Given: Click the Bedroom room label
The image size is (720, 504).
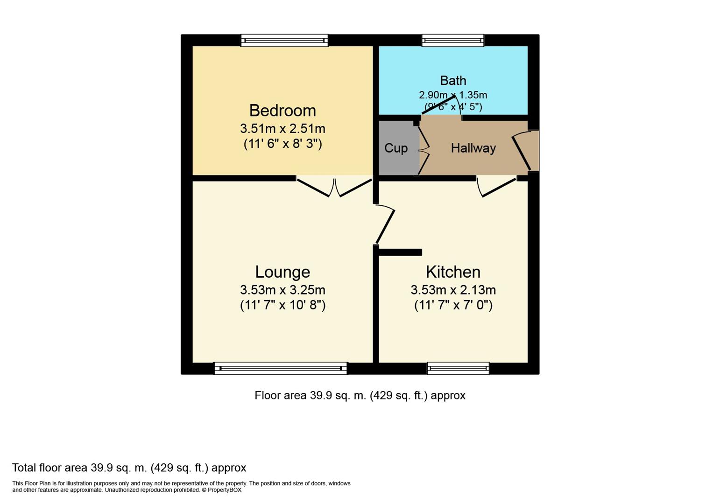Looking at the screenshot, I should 282,111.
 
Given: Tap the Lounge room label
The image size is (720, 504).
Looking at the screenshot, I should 282,272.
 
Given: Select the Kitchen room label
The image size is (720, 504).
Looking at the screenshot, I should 453,272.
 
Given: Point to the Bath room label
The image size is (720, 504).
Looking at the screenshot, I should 453,80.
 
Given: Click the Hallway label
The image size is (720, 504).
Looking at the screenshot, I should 473,148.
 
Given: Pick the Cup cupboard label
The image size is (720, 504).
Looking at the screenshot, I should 396,148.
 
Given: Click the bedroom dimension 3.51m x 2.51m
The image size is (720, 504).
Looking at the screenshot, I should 282,128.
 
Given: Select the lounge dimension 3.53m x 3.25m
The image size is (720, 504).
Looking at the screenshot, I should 282,290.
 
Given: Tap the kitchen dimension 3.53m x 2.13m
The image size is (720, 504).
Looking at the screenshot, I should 453,290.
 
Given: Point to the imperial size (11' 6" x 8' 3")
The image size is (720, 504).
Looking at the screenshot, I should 282,143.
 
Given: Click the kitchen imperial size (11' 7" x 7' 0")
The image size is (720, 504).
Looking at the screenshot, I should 453,305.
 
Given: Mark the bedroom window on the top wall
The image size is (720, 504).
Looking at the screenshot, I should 284,41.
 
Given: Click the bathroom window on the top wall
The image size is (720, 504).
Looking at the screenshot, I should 453,41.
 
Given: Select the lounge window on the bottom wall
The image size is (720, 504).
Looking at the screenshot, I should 281,368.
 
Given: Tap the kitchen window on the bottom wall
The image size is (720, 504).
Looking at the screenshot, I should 458,368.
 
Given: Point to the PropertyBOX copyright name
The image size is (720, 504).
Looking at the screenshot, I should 225,490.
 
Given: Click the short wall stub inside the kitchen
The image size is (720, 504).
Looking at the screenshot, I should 400,252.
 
